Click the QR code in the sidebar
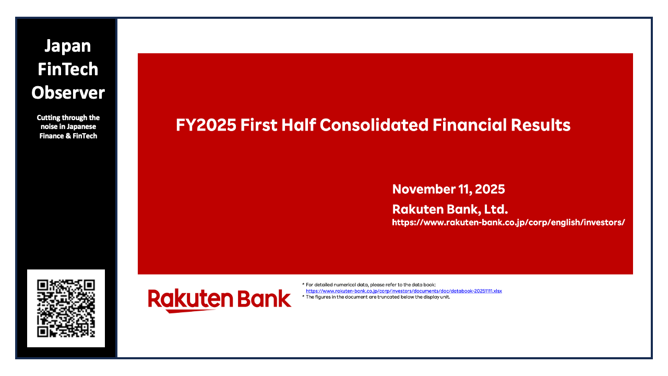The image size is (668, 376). click(66, 308)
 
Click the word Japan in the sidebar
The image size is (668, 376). click(67, 46)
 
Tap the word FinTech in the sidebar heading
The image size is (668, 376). click(68, 69)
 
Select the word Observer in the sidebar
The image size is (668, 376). click(68, 93)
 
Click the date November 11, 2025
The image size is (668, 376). click(448, 190)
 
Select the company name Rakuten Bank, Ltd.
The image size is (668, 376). click(450, 209)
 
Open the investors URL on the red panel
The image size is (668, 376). click(508, 222)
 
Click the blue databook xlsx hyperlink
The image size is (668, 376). click(403, 291)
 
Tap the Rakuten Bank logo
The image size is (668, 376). click(219, 300)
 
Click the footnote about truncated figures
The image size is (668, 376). click(376, 297)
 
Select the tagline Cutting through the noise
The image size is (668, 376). click(68, 126)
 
